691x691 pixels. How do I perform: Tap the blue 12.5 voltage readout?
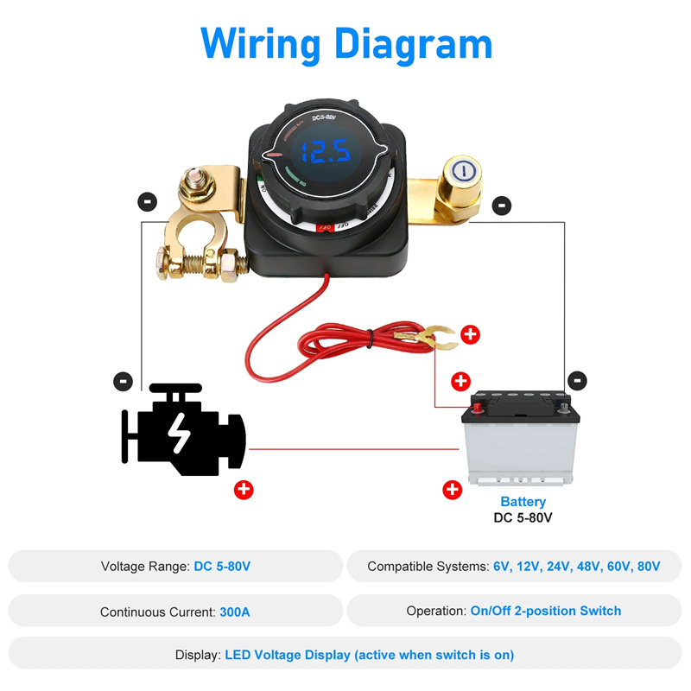pos(320,153)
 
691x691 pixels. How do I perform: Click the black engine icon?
pos(183,430)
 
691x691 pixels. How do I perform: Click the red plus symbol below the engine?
pos(244,490)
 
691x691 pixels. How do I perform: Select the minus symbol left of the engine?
pos(124,381)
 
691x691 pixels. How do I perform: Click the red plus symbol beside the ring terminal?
pos(470,335)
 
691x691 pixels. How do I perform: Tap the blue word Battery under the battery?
pos(523,502)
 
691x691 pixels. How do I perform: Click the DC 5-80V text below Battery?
pos(523,518)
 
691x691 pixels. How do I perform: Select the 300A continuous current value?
pos(235,612)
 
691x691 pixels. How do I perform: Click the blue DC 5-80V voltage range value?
pos(222,567)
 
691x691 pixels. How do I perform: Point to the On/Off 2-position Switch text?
pos(545,611)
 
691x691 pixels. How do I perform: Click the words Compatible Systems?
pos(427,567)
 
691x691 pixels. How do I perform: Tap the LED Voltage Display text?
pos(369,655)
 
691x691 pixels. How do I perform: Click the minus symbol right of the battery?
pos(577,380)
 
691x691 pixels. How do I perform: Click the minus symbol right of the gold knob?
pos(501,206)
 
